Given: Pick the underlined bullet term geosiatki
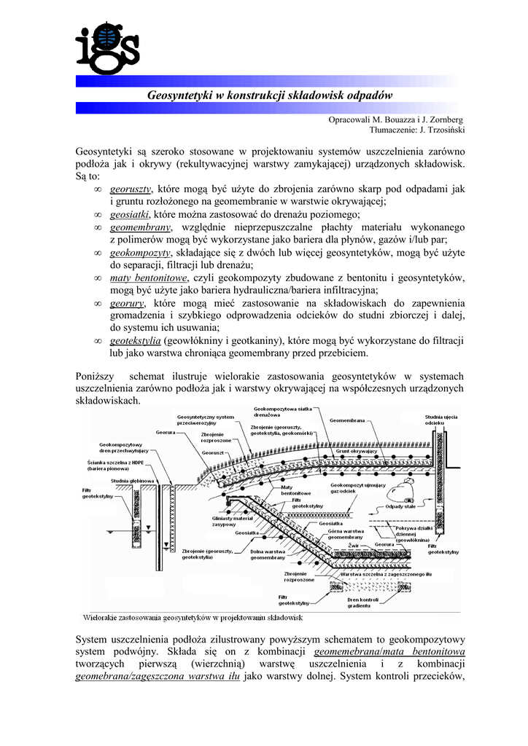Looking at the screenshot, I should click(x=130, y=214).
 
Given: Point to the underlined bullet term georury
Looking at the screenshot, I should click(x=128, y=302).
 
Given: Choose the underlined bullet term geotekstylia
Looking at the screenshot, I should click(x=136, y=340).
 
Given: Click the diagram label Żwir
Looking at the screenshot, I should click(x=352, y=544).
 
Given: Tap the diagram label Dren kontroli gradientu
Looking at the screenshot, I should click(x=363, y=602).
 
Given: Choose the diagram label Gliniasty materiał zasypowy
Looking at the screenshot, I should click(x=233, y=521).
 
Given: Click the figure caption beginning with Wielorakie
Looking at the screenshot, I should click(x=193, y=617).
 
